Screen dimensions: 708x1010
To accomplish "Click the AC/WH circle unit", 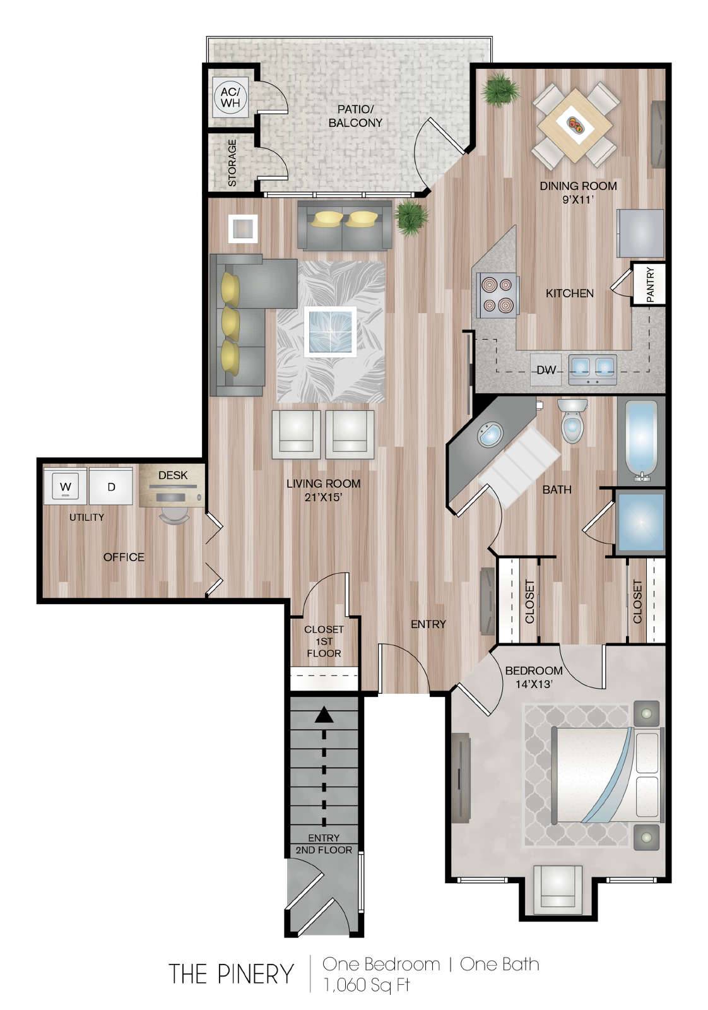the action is (230, 97).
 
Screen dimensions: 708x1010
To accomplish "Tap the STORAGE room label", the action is (232, 163).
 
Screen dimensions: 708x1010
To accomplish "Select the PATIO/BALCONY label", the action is (355, 116).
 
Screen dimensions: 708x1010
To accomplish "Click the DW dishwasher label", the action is (546, 370).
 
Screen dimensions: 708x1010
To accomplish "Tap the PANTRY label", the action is (650, 284).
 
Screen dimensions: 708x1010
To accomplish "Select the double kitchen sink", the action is (592, 369).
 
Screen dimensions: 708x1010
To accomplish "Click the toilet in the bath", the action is (572, 420).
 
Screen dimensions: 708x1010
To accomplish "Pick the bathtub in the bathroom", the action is (639, 441).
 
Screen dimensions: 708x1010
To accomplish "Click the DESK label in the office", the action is (173, 475).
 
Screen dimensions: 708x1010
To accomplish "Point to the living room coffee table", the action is (331, 332).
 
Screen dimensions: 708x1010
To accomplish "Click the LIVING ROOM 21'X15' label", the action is (323, 490).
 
